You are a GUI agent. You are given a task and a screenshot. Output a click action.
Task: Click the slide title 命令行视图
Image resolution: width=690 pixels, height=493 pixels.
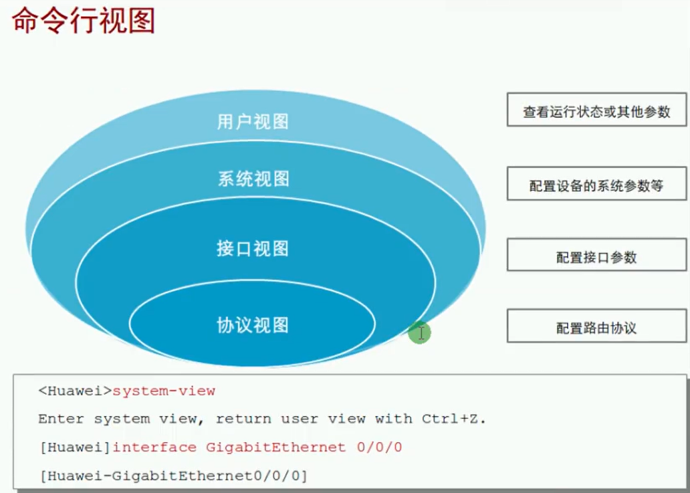click(x=83, y=20)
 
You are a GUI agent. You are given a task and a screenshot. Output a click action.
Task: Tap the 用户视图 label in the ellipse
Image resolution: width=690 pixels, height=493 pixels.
click(x=253, y=122)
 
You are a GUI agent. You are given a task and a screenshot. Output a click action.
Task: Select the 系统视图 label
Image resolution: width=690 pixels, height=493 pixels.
click(x=253, y=179)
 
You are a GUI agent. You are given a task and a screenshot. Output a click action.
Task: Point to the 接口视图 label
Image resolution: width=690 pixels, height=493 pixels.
click(x=253, y=249)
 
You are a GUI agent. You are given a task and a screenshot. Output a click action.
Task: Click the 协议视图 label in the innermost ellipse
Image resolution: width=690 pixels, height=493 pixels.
click(x=253, y=325)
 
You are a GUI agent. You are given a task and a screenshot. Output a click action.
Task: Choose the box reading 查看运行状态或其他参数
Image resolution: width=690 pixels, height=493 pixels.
click(x=596, y=110)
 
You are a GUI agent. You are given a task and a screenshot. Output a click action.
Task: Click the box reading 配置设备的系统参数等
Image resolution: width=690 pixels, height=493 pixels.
click(x=596, y=183)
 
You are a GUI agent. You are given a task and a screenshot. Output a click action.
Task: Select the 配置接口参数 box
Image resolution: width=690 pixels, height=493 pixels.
click(x=596, y=255)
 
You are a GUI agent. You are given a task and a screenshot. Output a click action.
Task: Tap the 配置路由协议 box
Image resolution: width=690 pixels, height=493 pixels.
click(x=596, y=326)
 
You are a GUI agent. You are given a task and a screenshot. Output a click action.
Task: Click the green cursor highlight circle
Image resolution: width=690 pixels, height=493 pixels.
click(x=419, y=332)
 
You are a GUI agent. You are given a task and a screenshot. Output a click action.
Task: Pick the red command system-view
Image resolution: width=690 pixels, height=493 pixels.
click(x=164, y=391)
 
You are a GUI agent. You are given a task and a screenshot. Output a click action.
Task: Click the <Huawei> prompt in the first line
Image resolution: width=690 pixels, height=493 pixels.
click(x=75, y=391)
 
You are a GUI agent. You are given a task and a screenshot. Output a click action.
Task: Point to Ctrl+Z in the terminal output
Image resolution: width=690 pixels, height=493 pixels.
click(x=454, y=419)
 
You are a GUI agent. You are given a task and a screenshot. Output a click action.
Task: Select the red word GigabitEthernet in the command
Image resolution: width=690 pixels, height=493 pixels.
click(x=275, y=448)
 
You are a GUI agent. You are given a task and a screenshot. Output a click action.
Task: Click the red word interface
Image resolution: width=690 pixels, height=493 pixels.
click(x=154, y=448)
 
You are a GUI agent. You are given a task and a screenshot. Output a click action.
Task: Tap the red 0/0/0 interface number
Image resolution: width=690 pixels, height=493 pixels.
click(x=379, y=448)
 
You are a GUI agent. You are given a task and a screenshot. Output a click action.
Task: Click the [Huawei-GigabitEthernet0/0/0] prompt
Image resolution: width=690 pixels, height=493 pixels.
click(x=173, y=476)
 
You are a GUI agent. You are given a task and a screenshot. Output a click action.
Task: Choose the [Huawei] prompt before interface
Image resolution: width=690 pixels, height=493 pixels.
click(x=76, y=448)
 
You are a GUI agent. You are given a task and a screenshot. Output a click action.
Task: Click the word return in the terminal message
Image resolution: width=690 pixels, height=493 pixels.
click(x=243, y=419)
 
